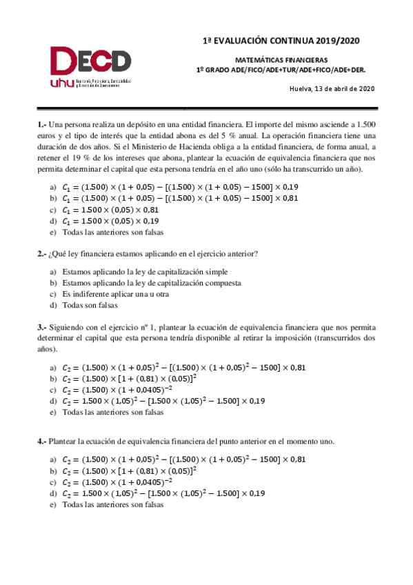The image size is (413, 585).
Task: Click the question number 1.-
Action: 41,124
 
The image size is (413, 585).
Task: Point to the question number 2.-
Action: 41,253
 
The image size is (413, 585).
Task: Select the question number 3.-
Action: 41,326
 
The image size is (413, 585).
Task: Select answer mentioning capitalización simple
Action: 145,272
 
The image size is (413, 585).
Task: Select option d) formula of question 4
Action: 163,493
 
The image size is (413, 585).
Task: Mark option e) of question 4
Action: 112,504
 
